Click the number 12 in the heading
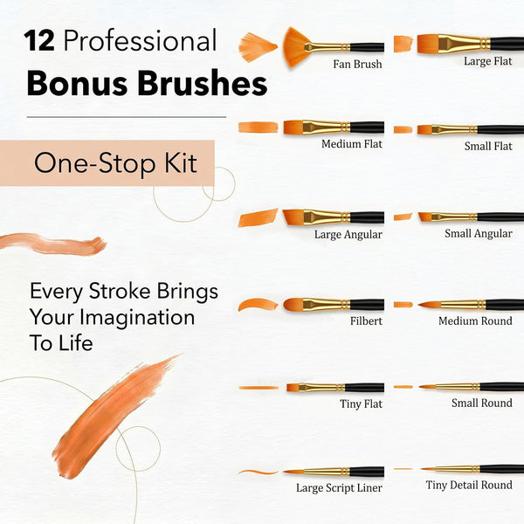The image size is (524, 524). (39, 41)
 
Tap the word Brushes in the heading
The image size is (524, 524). (203, 83)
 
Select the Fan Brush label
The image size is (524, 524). (357, 64)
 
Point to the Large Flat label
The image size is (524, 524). (488, 61)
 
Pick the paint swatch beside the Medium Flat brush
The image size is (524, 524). (258, 128)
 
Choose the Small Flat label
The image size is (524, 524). (488, 146)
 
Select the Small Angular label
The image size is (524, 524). (479, 233)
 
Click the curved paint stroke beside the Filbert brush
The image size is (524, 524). (258, 305)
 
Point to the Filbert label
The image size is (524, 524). (366, 321)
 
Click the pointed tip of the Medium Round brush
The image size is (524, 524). (420, 305)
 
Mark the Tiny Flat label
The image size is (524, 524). (361, 403)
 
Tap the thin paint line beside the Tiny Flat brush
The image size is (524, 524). (259, 388)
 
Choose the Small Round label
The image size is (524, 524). (482, 403)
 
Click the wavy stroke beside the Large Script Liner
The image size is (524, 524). (258, 472)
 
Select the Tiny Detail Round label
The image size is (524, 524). (469, 485)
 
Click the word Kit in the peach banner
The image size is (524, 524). (181, 163)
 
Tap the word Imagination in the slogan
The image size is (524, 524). (137, 317)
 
